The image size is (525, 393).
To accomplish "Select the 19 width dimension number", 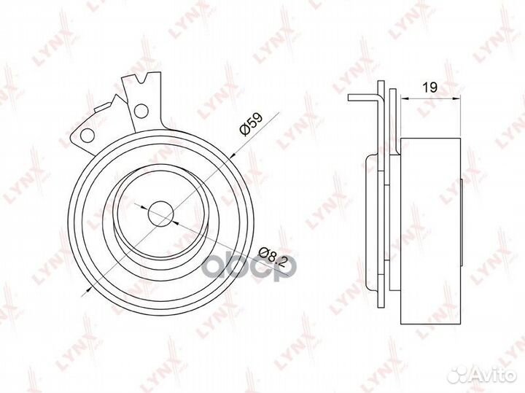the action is pos(430,87).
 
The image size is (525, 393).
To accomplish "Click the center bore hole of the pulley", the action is pos(160,214).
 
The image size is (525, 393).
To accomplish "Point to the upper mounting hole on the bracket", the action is pos(141,111).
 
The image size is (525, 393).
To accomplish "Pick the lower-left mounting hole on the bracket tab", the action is pos(87,135).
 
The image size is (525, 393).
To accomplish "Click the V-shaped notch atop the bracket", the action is pos(141,79).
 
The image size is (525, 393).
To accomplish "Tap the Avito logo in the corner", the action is pos(481,376).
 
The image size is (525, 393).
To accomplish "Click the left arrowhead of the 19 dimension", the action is pos(405,98).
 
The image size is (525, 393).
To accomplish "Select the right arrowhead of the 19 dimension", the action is pos(456,98).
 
